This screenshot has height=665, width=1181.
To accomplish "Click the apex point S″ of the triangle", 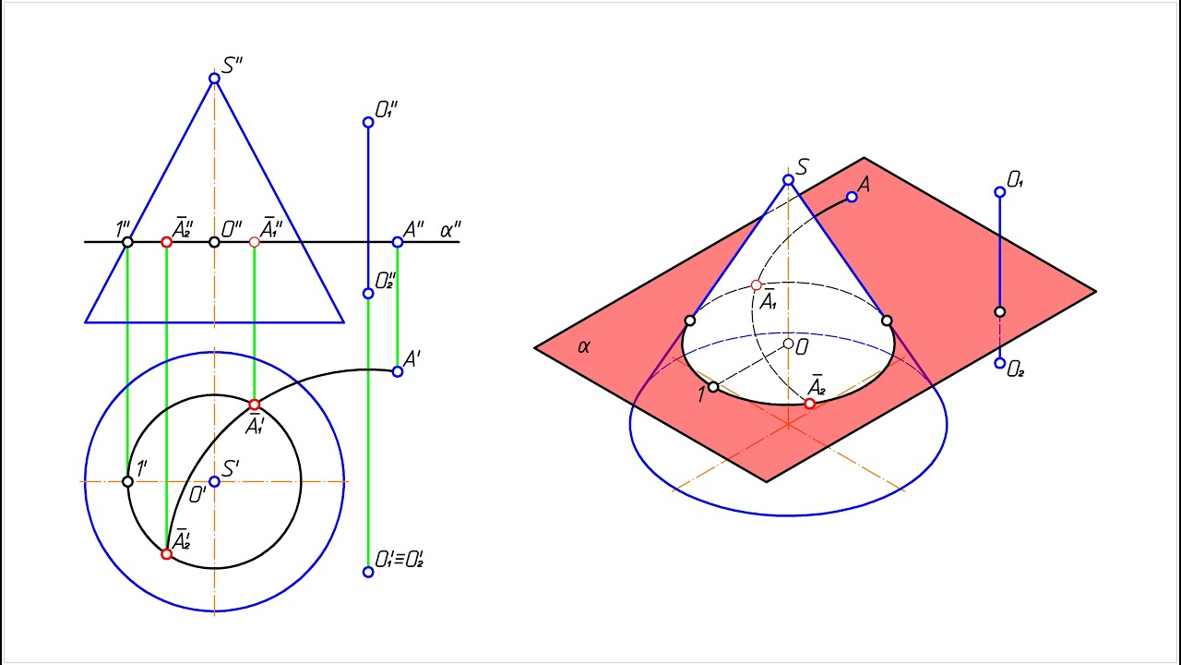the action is tap(214, 79).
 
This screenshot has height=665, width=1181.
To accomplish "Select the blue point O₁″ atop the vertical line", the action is tap(368, 123).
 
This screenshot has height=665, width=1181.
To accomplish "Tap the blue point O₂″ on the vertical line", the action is tap(368, 294).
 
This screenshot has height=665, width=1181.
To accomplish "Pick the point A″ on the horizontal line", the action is tap(398, 242).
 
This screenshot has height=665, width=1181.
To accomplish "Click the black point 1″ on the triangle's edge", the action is tap(127, 242).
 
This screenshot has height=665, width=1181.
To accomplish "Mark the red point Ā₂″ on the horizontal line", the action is tap(167, 242).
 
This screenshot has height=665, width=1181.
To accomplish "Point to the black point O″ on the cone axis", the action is tap(214, 242).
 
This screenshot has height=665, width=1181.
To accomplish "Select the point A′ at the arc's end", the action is tap(398, 371).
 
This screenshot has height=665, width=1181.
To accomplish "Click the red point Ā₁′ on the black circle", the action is tap(254, 405).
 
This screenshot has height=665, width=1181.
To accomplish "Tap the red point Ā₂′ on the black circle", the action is tap(167, 553).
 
